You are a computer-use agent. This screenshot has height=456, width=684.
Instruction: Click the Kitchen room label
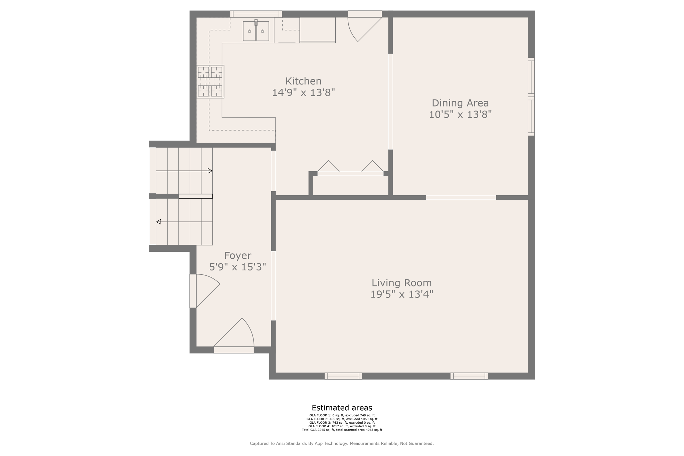tap(303, 81)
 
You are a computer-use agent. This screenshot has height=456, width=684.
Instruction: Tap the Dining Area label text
tap(460, 103)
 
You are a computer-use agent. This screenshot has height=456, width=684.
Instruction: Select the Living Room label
tap(402, 283)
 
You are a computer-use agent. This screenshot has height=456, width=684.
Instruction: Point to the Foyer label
tap(238, 256)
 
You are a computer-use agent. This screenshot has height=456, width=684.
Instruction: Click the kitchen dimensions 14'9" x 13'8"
tap(303, 92)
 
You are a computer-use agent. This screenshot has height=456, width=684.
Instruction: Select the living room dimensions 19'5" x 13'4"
tap(402, 294)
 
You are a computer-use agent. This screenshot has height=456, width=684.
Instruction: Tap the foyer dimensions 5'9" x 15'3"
tap(238, 267)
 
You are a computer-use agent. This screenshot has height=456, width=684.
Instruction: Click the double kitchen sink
tap(256, 31)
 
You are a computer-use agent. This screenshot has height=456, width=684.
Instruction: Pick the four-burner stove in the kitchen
tap(210, 81)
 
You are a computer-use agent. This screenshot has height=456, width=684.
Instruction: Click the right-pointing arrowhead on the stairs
tap(210, 171)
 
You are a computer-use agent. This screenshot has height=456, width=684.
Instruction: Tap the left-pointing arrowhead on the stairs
tap(159, 222)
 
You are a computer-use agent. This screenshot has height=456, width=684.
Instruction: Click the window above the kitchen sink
tap(256, 14)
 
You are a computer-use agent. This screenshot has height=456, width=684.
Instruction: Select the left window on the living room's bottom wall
tap(343, 376)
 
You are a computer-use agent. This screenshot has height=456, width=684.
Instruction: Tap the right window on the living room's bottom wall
tap(469, 376)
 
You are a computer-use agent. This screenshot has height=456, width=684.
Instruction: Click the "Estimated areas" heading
tap(342, 408)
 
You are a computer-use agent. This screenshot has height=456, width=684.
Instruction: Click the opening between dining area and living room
tap(461, 198)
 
